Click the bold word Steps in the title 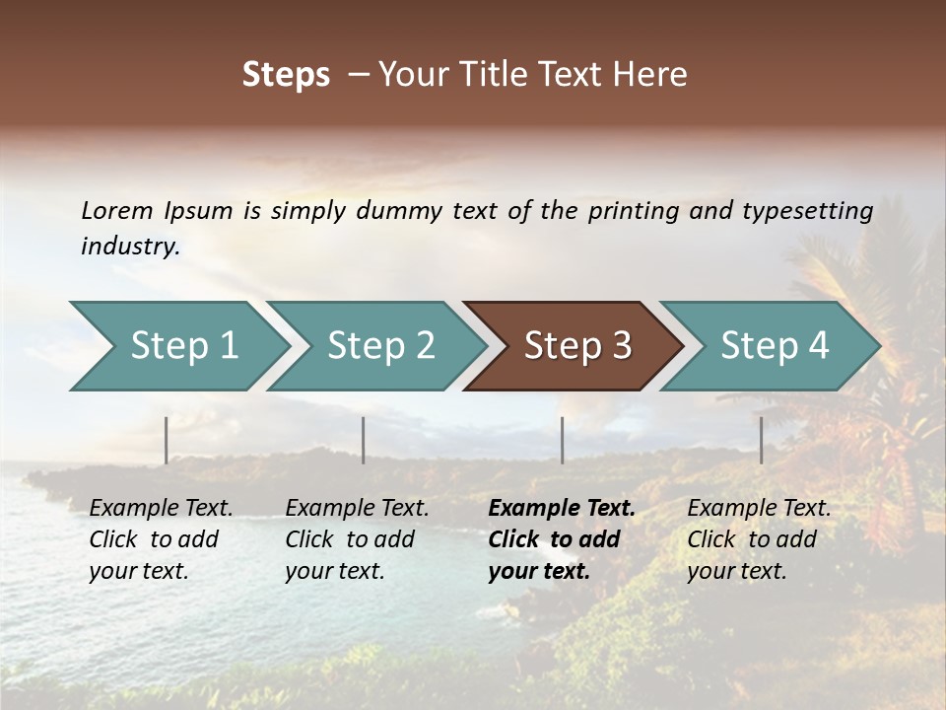(286, 75)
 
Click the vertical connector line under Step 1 (167, 440)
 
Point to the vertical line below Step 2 (364, 440)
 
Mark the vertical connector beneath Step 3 (562, 440)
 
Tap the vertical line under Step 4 (761, 440)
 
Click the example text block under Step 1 (161, 539)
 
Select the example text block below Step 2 (357, 539)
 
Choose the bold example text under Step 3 (562, 539)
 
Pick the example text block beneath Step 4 (759, 539)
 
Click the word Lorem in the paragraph (117, 210)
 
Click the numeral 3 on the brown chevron (622, 345)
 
